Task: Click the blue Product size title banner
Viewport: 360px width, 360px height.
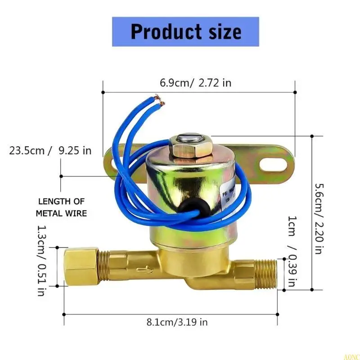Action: click(x=185, y=32)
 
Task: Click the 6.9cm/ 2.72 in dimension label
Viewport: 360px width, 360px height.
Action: click(x=195, y=83)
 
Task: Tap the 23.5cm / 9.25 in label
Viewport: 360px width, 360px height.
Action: click(x=50, y=150)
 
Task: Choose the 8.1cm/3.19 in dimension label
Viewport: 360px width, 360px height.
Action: click(x=177, y=322)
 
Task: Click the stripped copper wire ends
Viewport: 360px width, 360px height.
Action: click(x=159, y=99)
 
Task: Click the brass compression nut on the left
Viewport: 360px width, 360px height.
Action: click(x=81, y=266)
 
